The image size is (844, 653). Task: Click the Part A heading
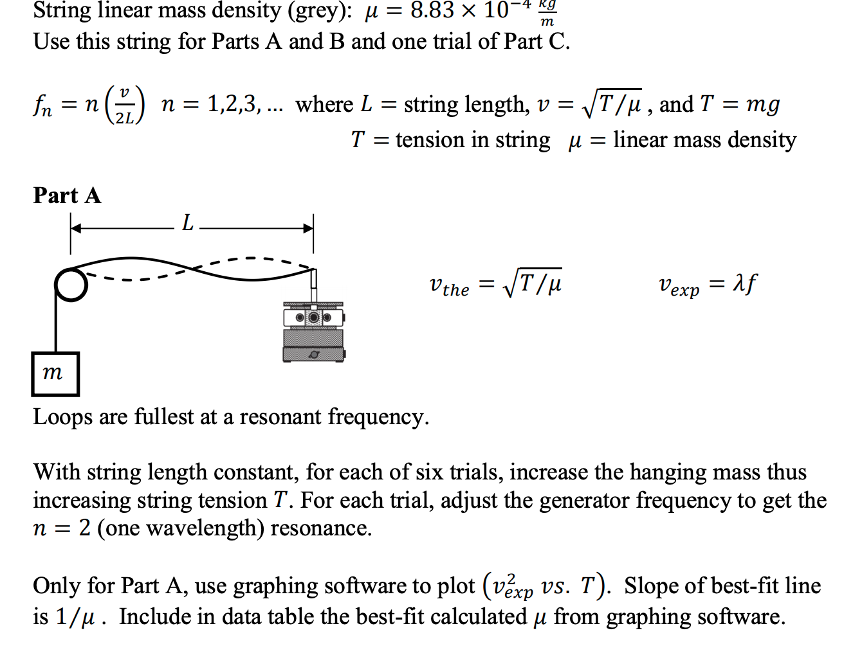click(x=67, y=195)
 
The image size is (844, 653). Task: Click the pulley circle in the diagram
click(x=71, y=285)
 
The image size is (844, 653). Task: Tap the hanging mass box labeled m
click(x=55, y=373)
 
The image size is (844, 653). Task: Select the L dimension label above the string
click(x=187, y=223)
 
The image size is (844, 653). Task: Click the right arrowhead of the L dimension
click(x=308, y=228)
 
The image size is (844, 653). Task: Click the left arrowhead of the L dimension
click(x=76, y=228)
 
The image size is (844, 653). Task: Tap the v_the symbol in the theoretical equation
click(x=449, y=285)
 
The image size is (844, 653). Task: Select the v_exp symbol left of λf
click(x=679, y=285)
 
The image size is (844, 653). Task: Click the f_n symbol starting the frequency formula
click(x=42, y=105)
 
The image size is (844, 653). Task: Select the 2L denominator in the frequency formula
click(x=125, y=118)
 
